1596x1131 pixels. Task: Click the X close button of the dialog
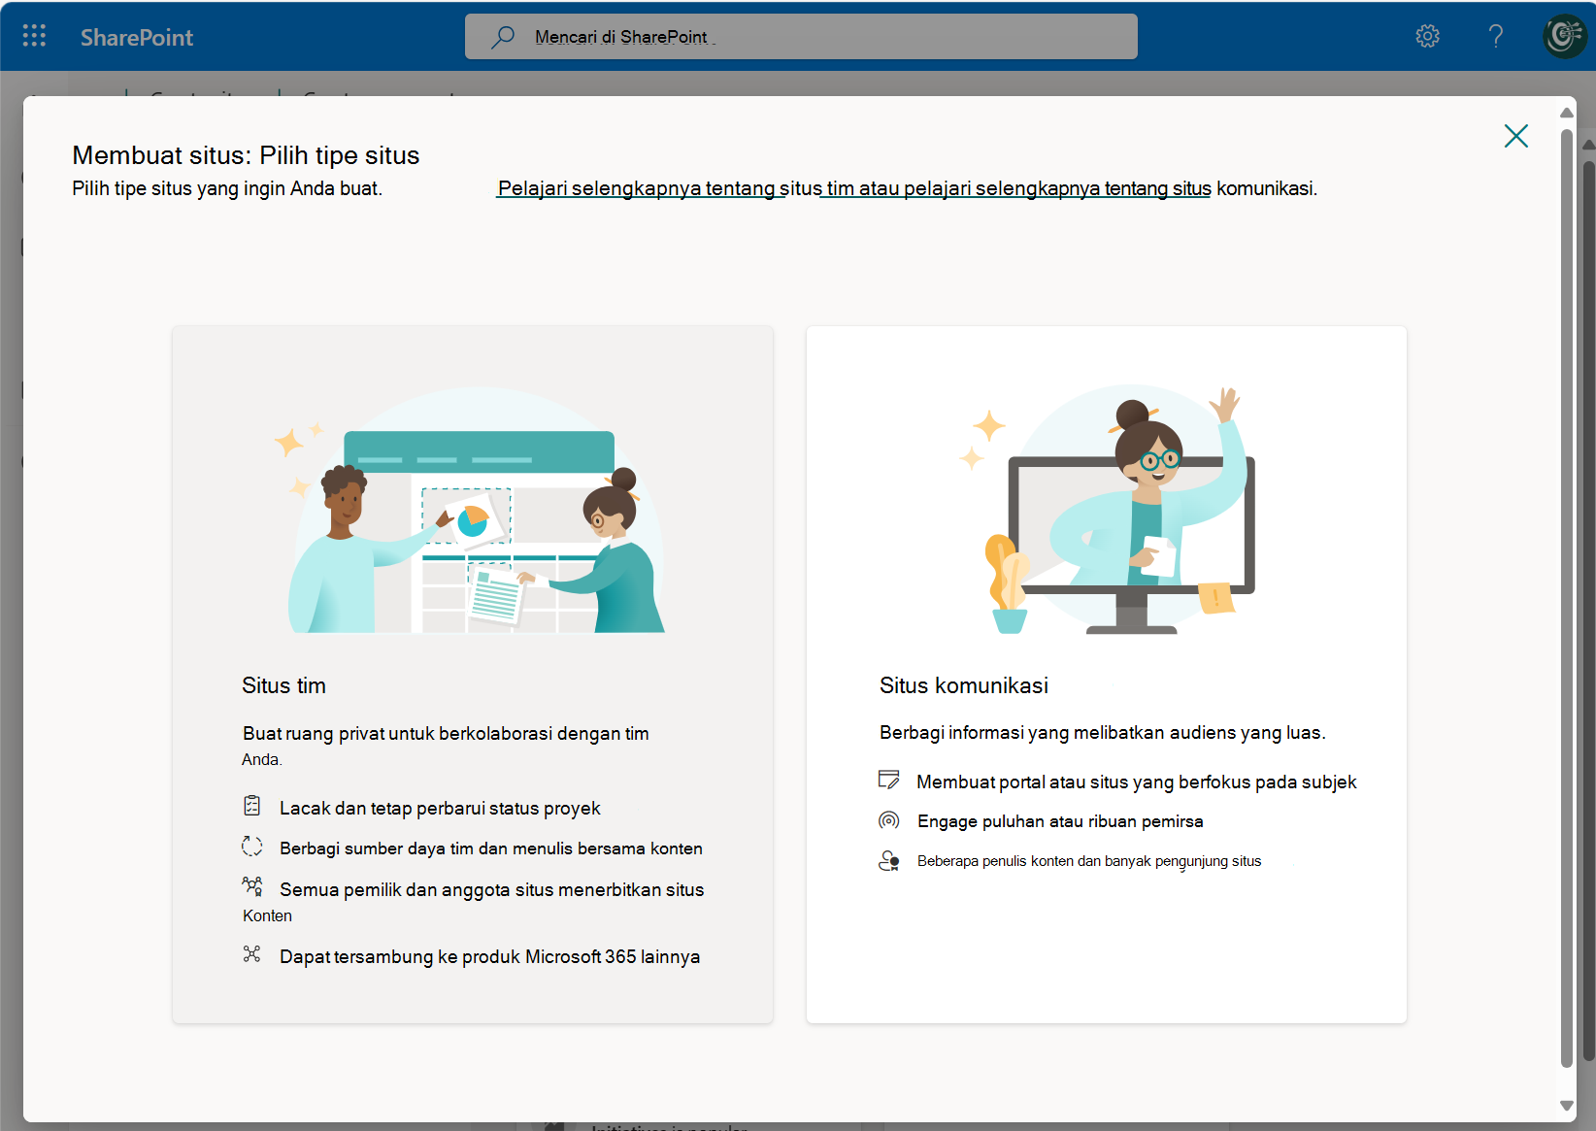1515,135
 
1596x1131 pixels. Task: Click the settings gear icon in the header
1427,36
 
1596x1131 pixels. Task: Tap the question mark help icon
1496,36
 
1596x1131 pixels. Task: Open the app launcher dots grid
34,36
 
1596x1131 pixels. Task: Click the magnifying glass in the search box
502,36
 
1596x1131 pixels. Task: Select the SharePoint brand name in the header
137,37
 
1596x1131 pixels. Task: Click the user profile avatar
1564,36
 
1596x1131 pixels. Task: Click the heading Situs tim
283,685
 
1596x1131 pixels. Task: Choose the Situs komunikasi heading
963,685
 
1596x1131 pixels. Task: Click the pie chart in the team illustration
473,520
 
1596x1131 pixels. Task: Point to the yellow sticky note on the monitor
1215,597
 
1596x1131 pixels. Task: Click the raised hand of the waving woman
1226,404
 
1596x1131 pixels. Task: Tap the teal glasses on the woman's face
1159,459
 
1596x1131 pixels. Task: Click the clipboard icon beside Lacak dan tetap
251,806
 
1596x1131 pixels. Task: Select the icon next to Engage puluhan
888,820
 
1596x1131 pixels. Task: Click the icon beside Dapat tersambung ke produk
251,954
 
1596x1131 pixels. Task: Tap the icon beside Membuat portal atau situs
888,780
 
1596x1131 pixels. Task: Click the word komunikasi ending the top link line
1265,189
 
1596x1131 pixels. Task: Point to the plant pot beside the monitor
1010,621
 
